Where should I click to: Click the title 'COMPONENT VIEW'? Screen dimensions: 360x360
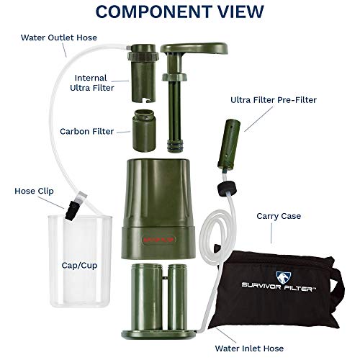pyautogui.click(x=179, y=12)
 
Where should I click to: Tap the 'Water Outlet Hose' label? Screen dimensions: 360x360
pyautogui.click(x=58, y=37)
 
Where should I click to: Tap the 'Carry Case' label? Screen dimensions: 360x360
pyautogui.click(x=278, y=215)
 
